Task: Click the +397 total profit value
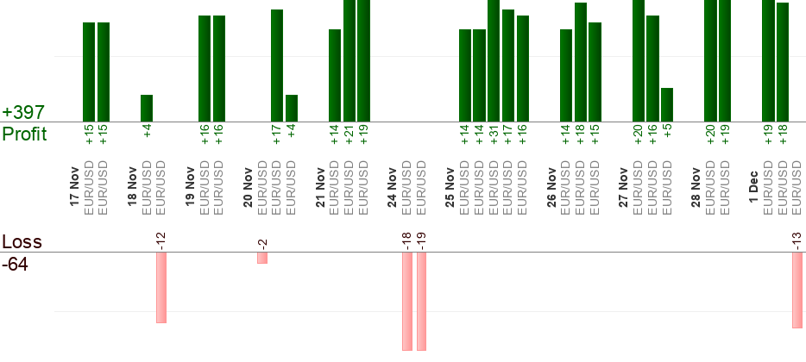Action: coord(23,113)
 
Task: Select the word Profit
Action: coord(24,134)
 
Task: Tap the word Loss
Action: coord(22,242)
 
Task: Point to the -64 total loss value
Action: coord(16,265)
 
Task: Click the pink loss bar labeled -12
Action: coord(161,288)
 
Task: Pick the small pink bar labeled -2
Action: coord(262,258)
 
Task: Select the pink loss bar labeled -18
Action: coord(406,302)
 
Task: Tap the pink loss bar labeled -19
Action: coord(421,302)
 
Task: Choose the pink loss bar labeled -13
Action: coord(797,290)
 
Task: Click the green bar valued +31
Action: coord(494,60)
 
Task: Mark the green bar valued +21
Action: coord(349,60)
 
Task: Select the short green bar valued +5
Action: coord(667,104)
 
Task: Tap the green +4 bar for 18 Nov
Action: coord(147,108)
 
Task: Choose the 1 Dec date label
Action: coord(753,184)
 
